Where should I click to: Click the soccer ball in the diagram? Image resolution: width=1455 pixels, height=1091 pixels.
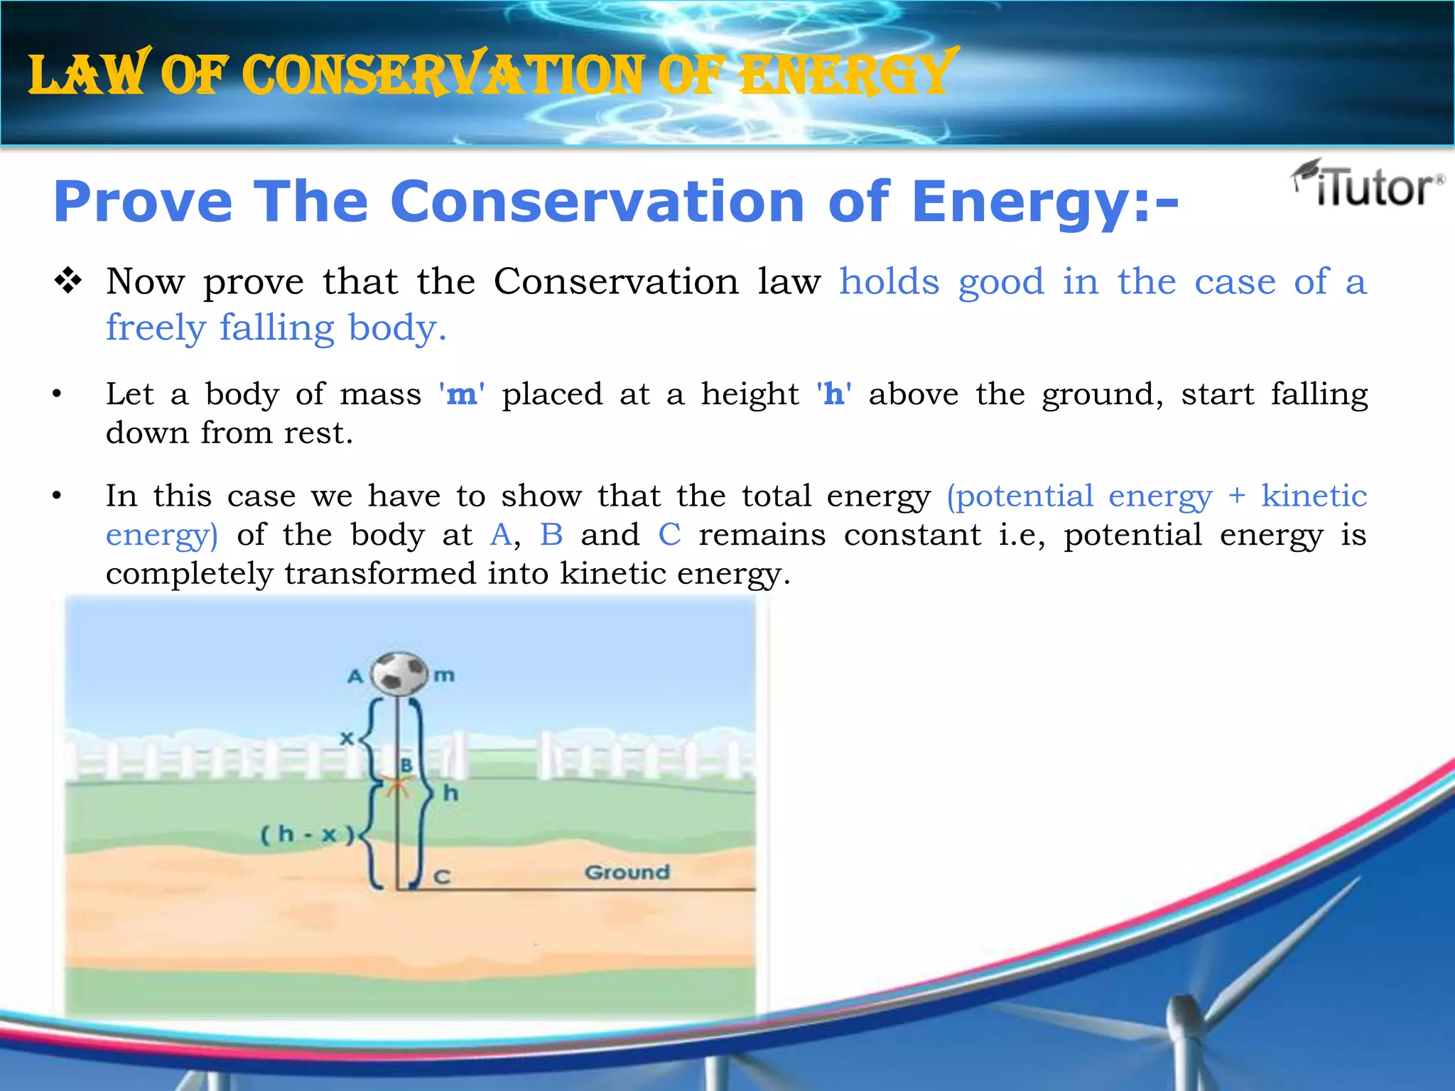click(x=399, y=673)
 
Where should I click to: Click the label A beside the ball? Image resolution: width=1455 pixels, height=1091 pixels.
click(x=355, y=676)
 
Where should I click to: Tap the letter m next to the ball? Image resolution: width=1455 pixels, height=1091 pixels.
click(x=444, y=675)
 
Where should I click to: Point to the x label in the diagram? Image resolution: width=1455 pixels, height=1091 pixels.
click(x=346, y=739)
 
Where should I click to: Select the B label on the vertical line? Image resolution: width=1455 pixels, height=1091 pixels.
click(x=406, y=765)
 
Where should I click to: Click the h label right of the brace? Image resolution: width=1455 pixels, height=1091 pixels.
click(x=450, y=793)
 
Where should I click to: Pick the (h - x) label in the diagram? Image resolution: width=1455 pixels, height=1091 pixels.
click(x=307, y=834)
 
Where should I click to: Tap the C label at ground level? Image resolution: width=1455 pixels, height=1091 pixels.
click(x=442, y=877)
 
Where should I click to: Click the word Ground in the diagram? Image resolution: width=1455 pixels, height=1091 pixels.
click(x=627, y=872)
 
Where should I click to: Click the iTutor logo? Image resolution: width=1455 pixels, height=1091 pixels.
click(x=1368, y=185)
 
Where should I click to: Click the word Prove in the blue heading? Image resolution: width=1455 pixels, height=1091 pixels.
click(x=143, y=202)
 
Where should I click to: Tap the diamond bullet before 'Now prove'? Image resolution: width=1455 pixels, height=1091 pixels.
click(x=68, y=282)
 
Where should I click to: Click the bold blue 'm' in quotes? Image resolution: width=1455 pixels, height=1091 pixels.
click(x=462, y=394)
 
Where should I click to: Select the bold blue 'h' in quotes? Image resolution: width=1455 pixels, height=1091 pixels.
click(x=834, y=394)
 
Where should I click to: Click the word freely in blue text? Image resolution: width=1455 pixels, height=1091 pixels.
click(x=156, y=328)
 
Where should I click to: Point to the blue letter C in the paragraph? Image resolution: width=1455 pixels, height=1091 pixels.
click(x=669, y=535)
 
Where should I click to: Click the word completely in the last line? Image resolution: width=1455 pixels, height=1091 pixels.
click(x=189, y=574)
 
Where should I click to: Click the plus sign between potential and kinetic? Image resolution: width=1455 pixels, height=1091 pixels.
click(x=1237, y=496)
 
